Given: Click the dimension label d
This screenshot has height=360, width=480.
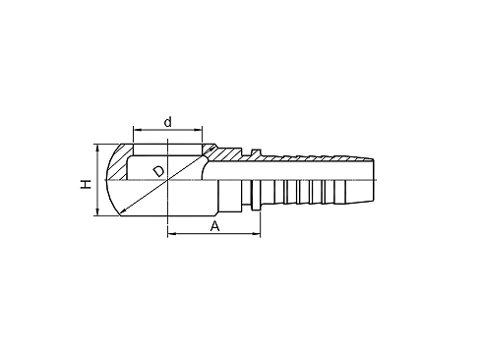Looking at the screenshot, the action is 168,122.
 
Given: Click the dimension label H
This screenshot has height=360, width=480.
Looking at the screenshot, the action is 86,184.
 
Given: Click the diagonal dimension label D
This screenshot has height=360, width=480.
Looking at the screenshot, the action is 159,171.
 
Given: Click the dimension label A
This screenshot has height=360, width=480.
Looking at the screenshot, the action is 214,226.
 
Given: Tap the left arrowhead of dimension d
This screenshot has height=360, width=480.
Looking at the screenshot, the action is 137,130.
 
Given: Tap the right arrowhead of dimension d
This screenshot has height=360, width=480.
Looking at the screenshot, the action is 199,130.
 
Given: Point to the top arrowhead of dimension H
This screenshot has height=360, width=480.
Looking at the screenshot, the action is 97,148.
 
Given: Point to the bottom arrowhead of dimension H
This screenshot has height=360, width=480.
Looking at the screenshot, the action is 97,211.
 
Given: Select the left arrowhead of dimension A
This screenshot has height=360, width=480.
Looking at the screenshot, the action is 171,234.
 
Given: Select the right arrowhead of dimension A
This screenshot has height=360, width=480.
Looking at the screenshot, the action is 257,234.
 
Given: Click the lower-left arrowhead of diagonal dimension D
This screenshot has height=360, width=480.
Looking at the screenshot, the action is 123,211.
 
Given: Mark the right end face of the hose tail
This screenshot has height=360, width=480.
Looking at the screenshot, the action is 374,180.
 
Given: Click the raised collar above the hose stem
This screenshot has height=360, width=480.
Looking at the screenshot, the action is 256,152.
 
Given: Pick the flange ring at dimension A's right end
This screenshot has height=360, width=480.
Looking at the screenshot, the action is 256,195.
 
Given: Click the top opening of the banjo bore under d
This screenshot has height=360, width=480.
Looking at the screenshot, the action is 168,150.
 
